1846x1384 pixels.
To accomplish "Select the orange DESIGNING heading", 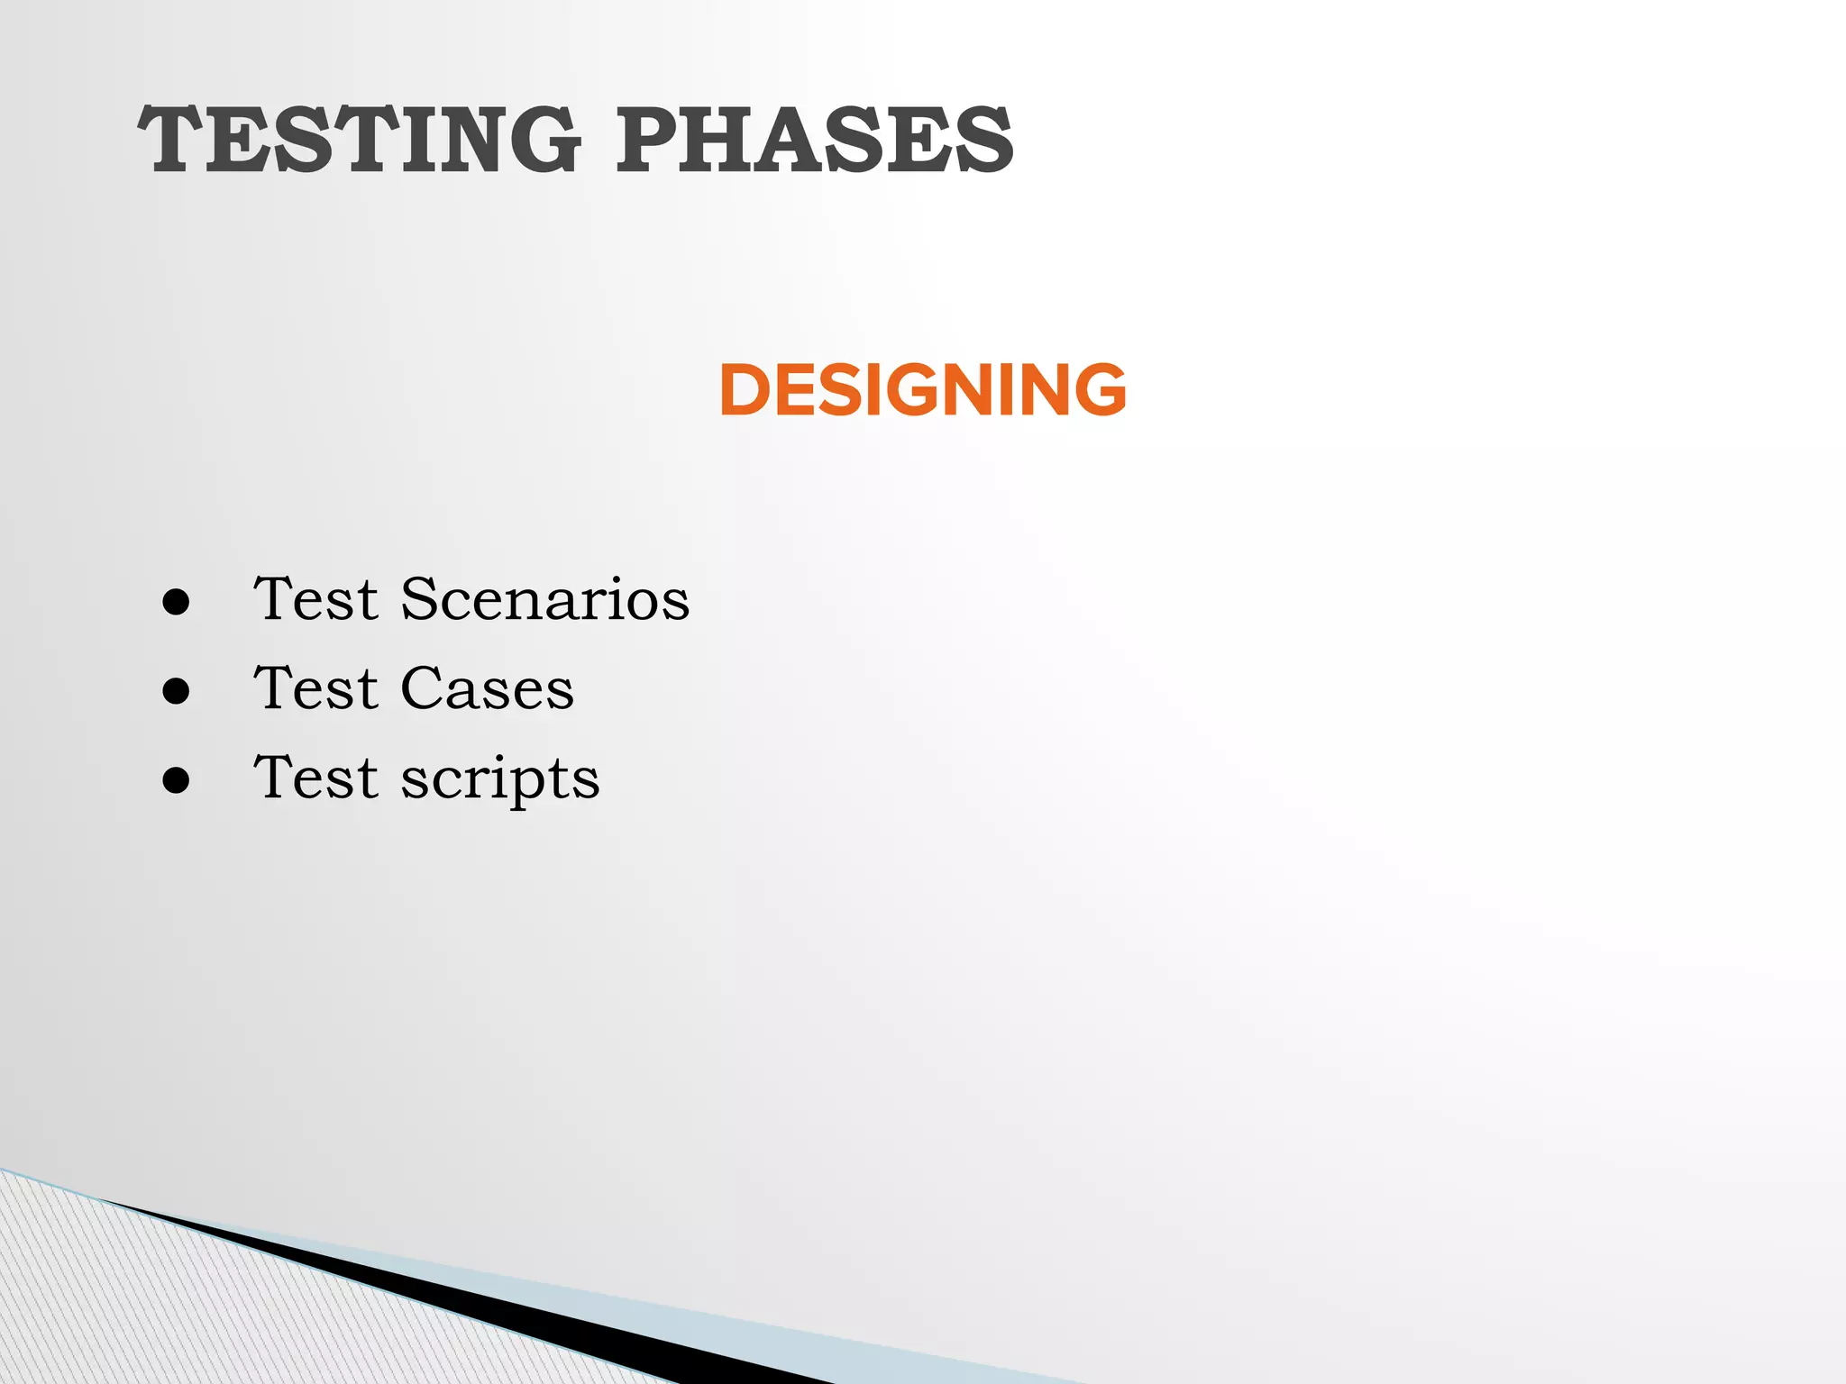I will (x=922, y=389).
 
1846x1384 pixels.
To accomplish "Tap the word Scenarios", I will (x=544, y=599).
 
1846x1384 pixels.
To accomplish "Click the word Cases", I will (x=487, y=689).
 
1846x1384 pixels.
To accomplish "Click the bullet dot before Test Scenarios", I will (x=177, y=602).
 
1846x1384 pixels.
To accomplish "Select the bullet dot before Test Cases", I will (x=177, y=691).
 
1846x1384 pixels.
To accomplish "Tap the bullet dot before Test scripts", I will (x=177, y=780).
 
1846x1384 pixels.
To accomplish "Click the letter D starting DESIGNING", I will (x=748, y=389).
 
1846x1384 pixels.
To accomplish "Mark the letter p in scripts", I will (x=516, y=784).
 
